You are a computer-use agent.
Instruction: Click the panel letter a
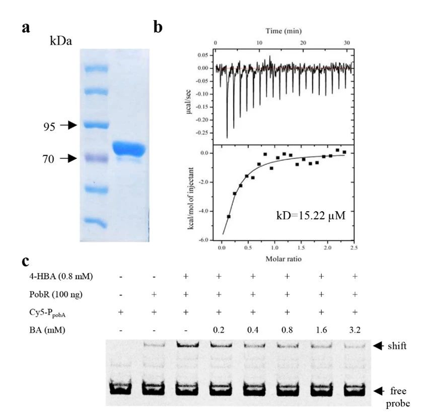click(25, 28)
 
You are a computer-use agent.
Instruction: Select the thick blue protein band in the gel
click(129, 149)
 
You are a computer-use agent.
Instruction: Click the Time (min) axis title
click(283, 31)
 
